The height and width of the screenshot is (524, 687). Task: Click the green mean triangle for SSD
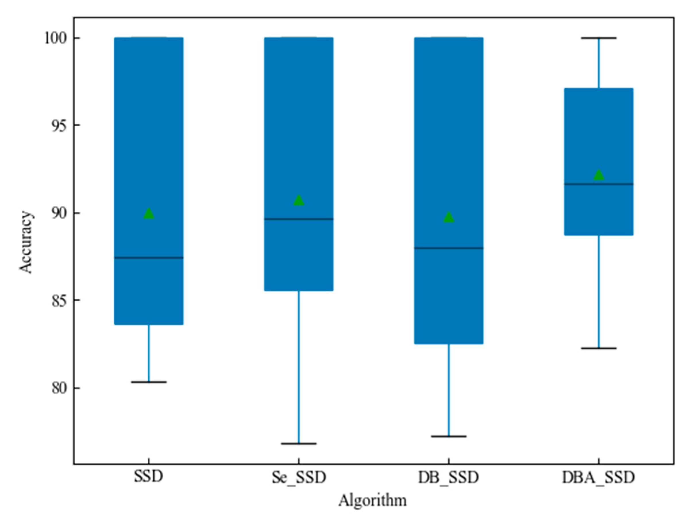(149, 214)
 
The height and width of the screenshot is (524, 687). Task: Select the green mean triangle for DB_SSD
(448, 217)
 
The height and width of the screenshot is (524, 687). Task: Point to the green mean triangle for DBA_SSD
(598, 175)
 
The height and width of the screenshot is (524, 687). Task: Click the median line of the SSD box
(149, 258)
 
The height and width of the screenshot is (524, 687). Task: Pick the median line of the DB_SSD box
(448, 248)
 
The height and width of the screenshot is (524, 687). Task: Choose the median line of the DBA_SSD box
(598, 184)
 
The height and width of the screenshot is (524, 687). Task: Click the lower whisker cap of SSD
(149, 382)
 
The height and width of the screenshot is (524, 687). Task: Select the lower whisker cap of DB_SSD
(448, 436)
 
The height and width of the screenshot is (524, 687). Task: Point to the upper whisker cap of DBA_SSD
(598, 38)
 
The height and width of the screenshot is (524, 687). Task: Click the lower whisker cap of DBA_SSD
(598, 348)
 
